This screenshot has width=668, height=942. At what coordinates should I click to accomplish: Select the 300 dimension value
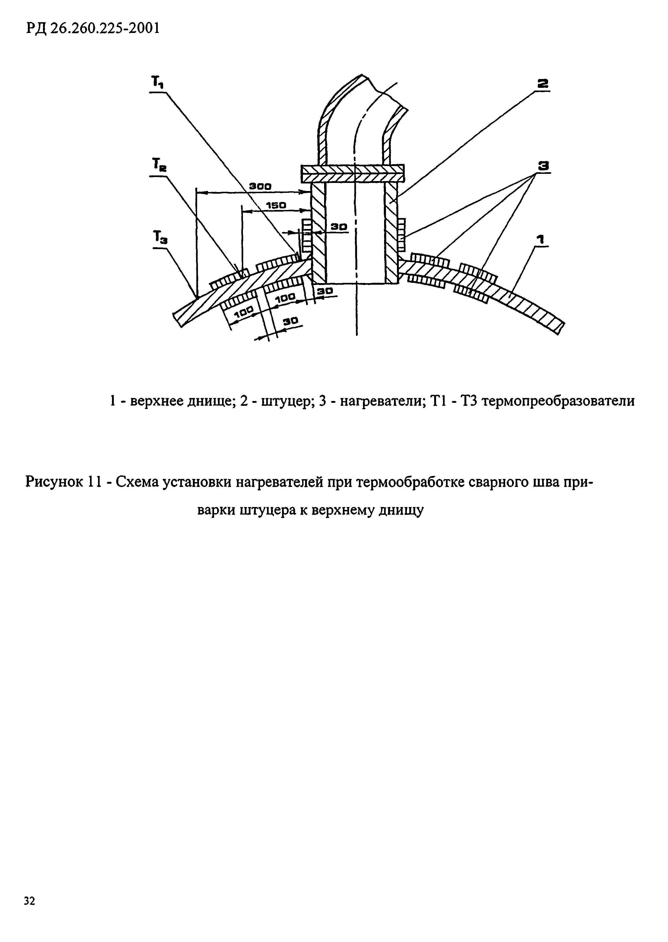point(260,186)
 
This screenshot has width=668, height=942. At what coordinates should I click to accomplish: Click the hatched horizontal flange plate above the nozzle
point(352,173)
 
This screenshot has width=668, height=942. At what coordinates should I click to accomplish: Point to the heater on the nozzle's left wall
point(306,235)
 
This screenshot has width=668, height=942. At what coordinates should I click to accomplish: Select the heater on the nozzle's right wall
point(402,235)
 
